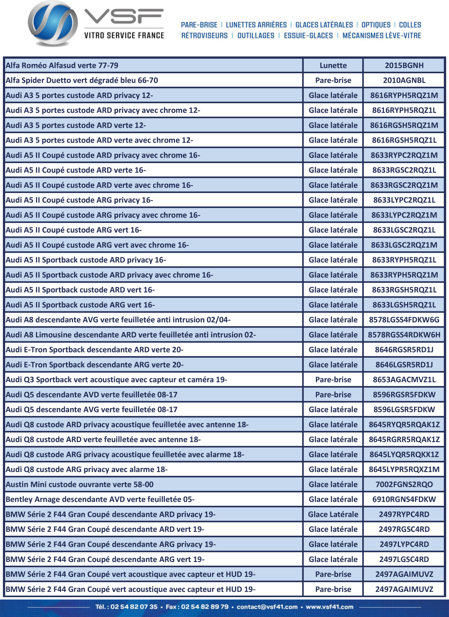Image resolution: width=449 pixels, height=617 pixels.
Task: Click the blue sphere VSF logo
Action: pyautogui.click(x=53, y=23)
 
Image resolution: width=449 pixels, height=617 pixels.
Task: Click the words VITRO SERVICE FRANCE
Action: pyautogui.click(x=124, y=35)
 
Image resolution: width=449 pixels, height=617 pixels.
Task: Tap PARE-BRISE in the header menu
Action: pyautogui.click(x=199, y=25)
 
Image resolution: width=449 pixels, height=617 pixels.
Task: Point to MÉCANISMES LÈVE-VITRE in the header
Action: pyautogui.click(x=382, y=36)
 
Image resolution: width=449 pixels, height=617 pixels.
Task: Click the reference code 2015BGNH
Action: pyautogui.click(x=404, y=65)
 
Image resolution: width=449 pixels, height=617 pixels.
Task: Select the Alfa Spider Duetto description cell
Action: pyautogui.click(x=82, y=80)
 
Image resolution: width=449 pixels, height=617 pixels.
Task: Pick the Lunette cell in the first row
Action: pyautogui.click(x=333, y=65)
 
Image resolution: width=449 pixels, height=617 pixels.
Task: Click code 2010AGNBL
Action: pyautogui.click(x=404, y=80)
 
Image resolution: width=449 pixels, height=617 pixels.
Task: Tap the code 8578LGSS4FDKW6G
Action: pyautogui.click(x=404, y=320)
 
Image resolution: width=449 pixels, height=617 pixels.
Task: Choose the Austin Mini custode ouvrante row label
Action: pyautogui.click(x=80, y=484)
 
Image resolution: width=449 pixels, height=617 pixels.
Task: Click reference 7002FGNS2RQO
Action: pyautogui.click(x=404, y=484)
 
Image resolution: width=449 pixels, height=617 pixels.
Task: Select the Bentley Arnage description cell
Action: pyautogui.click(x=100, y=499)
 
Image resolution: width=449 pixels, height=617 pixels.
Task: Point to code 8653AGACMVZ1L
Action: pyautogui.click(x=404, y=380)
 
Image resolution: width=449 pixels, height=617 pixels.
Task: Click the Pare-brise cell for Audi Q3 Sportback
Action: pyautogui.click(x=333, y=380)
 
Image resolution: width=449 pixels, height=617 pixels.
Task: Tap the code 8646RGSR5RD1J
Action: pyautogui.click(x=404, y=349)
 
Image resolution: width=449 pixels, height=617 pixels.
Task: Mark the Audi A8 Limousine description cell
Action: pyautogui.click(x=131, y=335)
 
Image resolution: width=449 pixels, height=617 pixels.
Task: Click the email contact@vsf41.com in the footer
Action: pyautogui.click(x=267, y=607)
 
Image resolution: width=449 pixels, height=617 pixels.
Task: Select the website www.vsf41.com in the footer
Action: pyautogui.click(x=330, y=607)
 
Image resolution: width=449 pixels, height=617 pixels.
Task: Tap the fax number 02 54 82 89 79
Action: pyautogui.click(x=205, y=607)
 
